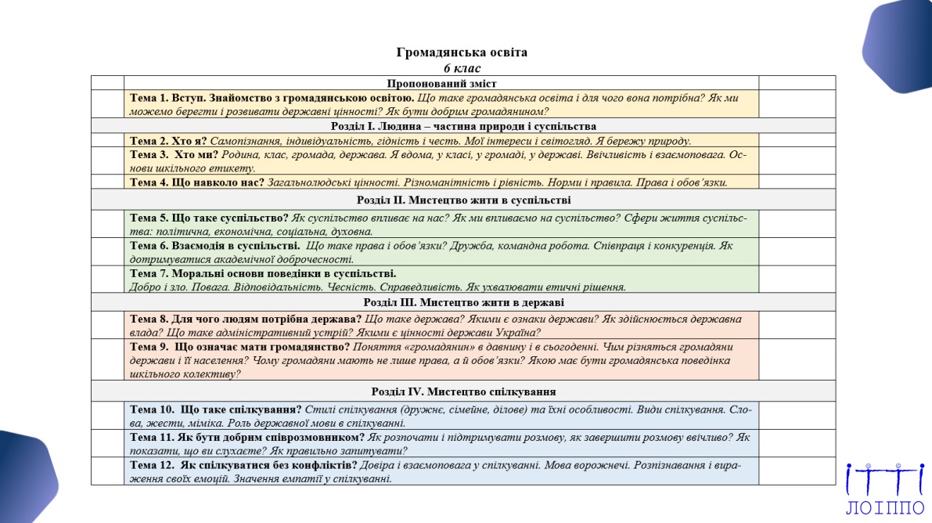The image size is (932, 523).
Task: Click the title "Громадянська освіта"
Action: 462,52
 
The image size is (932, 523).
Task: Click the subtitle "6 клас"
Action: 462,68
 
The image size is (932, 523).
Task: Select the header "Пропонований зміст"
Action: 441,83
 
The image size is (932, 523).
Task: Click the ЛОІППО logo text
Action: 884,508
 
